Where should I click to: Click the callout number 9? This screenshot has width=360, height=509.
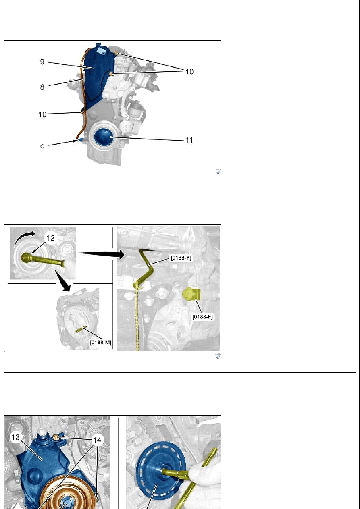42,62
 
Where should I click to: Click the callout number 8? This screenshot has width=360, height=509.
42,87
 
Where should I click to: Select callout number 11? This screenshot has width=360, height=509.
189,140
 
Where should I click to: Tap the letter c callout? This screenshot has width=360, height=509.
42,146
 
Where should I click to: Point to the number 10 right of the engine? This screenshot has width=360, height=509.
189,72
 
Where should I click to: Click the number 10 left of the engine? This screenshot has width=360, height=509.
42,114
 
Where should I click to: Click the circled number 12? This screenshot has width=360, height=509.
50,238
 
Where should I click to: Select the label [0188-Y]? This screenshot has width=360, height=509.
181,258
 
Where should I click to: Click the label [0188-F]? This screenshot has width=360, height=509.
203,316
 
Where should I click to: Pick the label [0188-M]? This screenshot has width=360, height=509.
100,342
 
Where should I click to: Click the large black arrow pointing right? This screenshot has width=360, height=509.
101,253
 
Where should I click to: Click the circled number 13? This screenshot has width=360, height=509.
15,437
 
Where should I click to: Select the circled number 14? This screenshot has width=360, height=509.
97,440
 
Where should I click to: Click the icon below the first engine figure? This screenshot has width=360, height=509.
218,172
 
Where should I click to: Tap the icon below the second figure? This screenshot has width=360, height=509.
218,356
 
